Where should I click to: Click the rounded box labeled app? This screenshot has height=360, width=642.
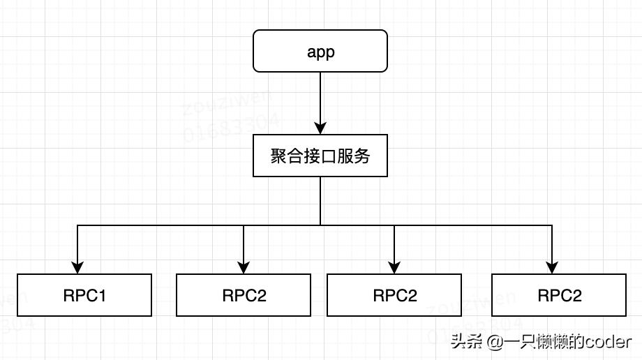pos(320,51)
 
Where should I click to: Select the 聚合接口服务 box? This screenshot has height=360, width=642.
pos(320,156)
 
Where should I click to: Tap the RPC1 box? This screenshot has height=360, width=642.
pos(84,295)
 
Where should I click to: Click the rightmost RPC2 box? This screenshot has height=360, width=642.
pos(559,295)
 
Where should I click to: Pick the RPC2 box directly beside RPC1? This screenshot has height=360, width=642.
pos(244,295)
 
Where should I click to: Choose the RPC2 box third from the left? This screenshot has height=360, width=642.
pos(394,295)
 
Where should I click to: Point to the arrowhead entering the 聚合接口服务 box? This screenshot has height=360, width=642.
pos(320,128)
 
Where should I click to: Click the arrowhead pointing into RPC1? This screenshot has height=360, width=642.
pos(77,267)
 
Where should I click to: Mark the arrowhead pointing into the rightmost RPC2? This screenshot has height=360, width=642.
pos(552,267)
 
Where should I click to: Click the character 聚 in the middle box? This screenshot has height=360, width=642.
pos(278,156)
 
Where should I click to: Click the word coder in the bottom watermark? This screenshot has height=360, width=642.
pos(608,342)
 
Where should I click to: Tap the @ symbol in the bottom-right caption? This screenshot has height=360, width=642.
pos(494,342)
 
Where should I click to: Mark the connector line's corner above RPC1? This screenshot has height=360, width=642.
pos(77,225)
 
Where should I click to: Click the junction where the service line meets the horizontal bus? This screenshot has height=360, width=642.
pos(320,225)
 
